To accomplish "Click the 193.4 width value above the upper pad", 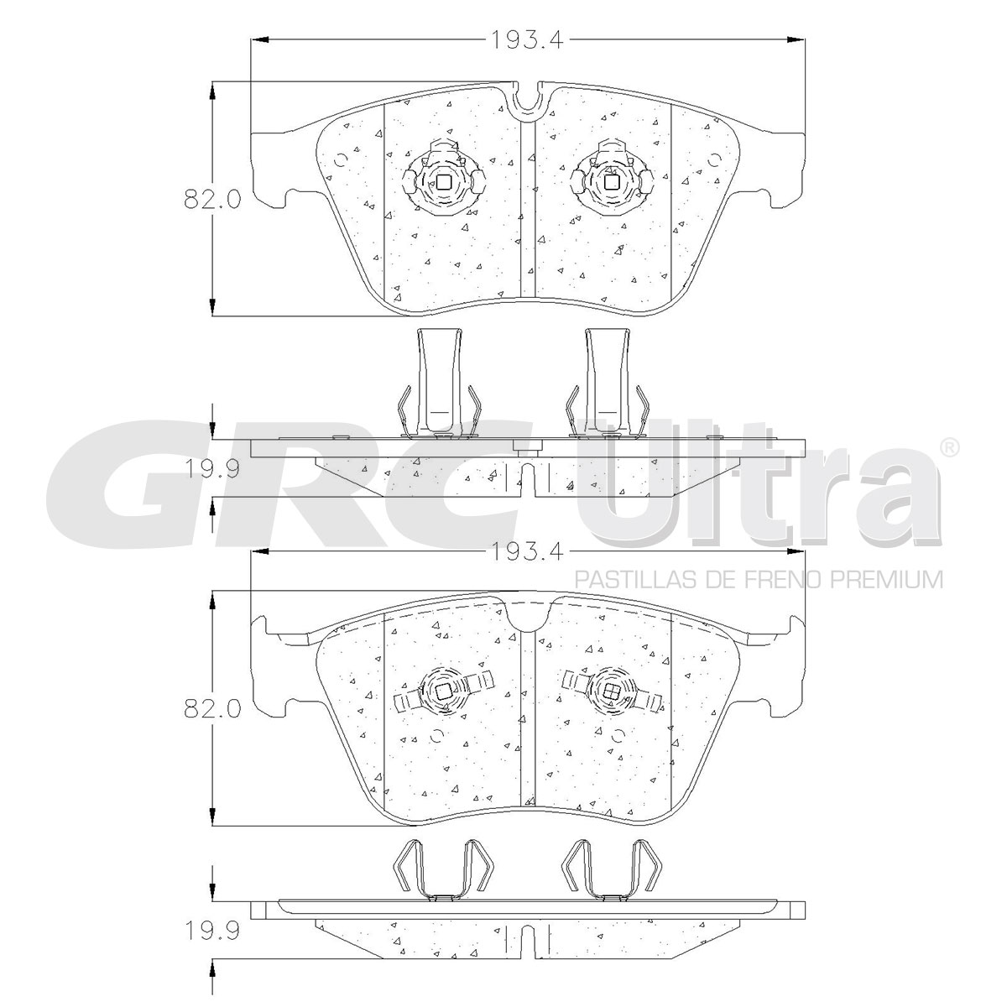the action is pyautogui.click(x=527, y=39).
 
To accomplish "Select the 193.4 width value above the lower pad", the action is pyautogui.click(x=527, y=551).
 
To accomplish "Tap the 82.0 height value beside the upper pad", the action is pyautogui.click(x=212, y=199).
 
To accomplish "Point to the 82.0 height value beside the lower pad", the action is pyautogui.click(x=212, y=708).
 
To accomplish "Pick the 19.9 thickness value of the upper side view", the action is pyautogui.click(x=212, y=469).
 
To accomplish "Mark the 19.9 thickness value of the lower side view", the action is pyautogui.click(x=212, y=930).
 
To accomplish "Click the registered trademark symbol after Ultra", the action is pyautogui.click(x=949, y=447).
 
